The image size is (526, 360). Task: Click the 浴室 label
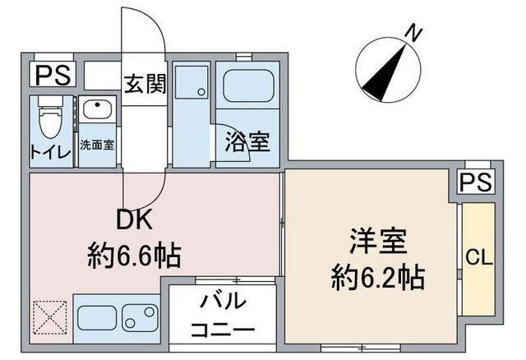pos(248,141)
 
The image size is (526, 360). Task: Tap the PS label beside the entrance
pos(53,76)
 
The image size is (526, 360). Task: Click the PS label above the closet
pos(475,182)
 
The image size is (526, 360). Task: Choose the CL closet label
pos(478,257)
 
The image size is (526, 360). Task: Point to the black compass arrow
pos(386,72)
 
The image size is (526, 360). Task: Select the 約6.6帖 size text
pos(134,254)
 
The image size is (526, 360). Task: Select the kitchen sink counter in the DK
pos(117,317)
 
